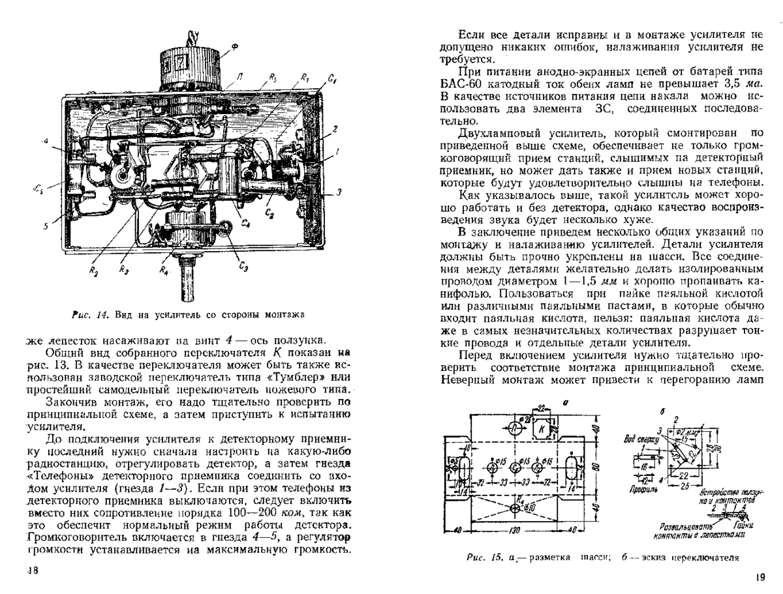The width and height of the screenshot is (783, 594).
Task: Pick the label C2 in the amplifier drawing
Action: click(x=269, y=211)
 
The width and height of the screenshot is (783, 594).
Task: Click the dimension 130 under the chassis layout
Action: click(x=515, y=531)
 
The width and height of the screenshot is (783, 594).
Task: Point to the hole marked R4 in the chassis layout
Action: click(x=515, y=506)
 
